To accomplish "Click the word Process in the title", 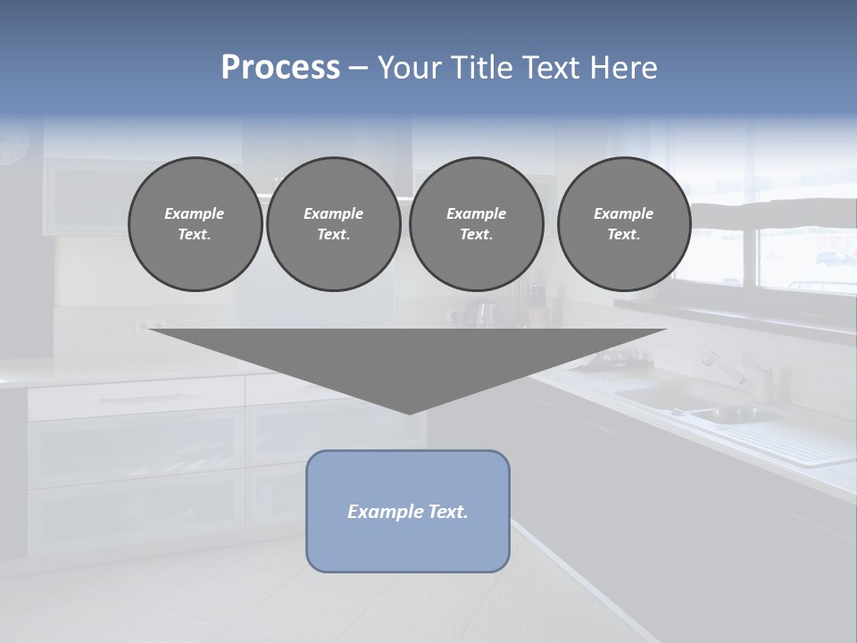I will tap(280, 68).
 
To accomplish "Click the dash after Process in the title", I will tap(358, 70).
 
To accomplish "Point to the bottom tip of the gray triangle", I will tap(409, 412).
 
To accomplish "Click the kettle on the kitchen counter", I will tap(484, 314).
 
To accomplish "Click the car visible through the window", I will tap(835, 259).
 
